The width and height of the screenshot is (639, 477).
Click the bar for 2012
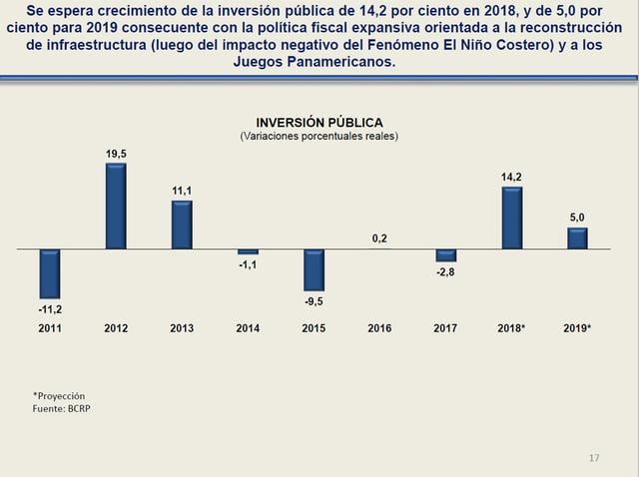pos(116,205)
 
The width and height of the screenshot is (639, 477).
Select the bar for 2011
pos(50,272)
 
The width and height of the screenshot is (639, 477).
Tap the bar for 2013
pos(182,224)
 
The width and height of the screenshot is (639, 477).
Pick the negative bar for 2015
pos(315,269)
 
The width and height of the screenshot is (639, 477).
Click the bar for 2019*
pos(577,238)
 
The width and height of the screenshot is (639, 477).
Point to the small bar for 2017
pos(445,254)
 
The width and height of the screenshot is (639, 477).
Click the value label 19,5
pos(116,153)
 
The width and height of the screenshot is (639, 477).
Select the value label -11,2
pos(50,309)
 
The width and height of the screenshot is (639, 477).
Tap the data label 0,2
pos(379,238)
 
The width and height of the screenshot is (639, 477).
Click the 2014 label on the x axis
pos(248,328)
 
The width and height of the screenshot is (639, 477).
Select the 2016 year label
pos(379,328)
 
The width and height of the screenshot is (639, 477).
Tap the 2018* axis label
pos(512,328)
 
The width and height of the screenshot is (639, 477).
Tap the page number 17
pos(594,458)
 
